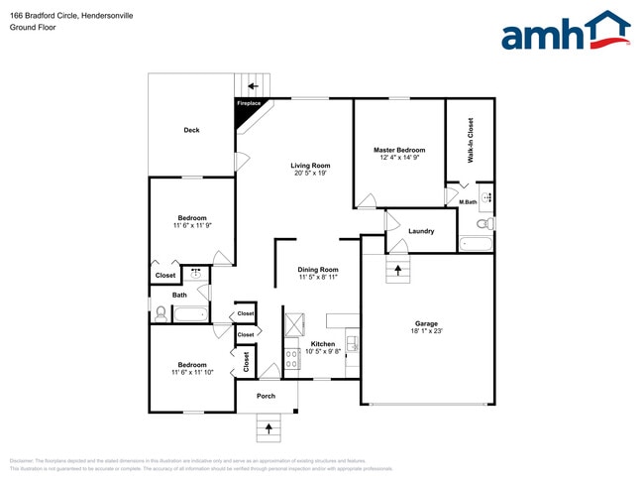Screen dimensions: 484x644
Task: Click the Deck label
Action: (192, 130)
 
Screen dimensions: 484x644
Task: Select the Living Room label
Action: (310, 166)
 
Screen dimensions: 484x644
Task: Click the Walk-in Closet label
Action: (471, 140)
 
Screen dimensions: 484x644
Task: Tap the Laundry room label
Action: (421, 231)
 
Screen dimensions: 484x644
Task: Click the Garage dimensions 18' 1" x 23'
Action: (426, 332)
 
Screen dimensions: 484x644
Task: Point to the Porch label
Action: (266, 396)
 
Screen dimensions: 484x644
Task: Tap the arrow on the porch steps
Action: (266, 429)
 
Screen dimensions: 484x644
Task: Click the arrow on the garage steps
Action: (398, 269)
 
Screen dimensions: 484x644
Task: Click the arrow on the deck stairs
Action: (253, 85)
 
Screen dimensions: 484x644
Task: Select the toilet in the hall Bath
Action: (161, 313)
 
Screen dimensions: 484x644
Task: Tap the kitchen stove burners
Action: (292, 359)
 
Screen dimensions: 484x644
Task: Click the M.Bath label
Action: (468, 202)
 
